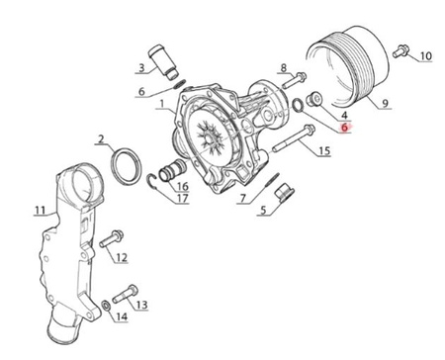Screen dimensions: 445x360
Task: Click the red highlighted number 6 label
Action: click(344, 127)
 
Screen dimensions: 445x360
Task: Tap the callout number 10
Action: click(425, 56)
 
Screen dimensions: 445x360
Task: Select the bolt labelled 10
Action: click(400, 51)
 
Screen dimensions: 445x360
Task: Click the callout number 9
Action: click(385, 104)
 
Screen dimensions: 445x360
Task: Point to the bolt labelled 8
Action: click(295, 80)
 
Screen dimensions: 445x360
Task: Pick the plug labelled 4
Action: click(313, 99)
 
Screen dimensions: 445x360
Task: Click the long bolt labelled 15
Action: click(294, 138)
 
